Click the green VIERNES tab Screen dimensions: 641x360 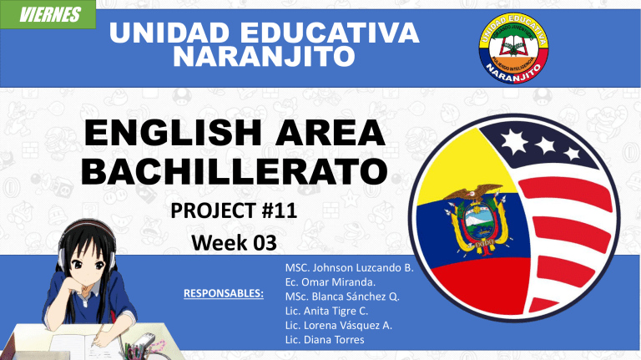(48, 15)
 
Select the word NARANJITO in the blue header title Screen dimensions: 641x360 (264, 57)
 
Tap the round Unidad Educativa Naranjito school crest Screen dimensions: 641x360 (513, 48)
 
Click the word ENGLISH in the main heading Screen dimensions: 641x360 (173, 132)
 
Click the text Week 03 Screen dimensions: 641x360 (234, 242)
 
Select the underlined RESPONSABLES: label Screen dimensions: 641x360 (224, 293)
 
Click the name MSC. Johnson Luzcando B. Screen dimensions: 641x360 (350, 268)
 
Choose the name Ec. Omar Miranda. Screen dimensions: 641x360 (331, 282)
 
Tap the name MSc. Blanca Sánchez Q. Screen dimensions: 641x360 (342, 297)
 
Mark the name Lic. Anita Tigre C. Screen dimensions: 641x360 (326, 311)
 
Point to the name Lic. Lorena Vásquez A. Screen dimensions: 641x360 (339, 325)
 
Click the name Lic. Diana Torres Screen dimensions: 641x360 (325, 340)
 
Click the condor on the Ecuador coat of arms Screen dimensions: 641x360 (474, 192)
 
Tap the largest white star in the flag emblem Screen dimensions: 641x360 (514, 141)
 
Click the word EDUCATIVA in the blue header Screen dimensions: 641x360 (329, 33)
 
